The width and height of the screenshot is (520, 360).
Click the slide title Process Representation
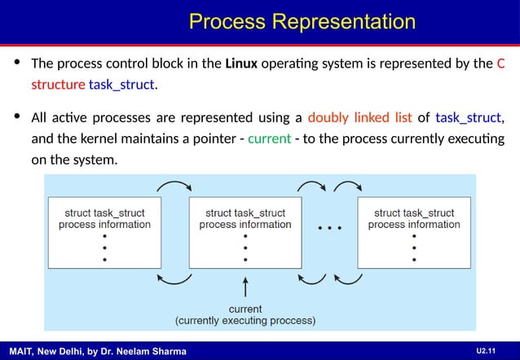(x=302, y=21)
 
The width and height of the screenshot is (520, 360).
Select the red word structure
(x=57, y=85)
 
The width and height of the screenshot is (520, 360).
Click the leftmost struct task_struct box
(x=104, y=232)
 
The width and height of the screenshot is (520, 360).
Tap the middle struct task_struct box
(x=245, y=232)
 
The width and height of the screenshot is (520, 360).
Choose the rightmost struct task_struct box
(x=414, y=232)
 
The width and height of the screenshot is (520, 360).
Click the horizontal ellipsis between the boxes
(x=329, y=227)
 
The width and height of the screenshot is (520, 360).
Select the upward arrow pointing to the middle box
(x=245, y=288)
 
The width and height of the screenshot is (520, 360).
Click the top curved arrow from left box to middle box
(x=174, y=186)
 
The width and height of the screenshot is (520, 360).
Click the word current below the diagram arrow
(x=245, y=309)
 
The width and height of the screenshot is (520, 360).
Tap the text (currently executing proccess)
(x=245, y=320)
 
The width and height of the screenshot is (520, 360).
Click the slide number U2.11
(x=487, y=350)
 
